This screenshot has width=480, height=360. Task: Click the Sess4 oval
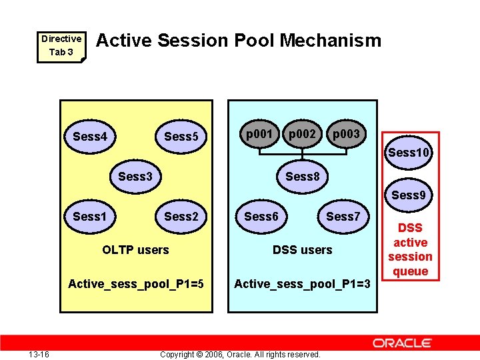point(90,137)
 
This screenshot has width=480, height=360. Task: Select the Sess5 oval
point(181,137)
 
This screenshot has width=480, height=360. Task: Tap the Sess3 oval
point(135,177)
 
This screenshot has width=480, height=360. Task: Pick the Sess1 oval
point(90,217)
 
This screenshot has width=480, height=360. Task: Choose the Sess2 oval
point(181,217)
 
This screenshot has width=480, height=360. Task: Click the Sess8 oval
point(303,177)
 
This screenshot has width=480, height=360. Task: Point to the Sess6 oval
point(261,217)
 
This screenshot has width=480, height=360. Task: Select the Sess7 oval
point(343,217)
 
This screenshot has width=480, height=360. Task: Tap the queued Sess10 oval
point(409,153)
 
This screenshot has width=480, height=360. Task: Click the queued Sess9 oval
point(409,195)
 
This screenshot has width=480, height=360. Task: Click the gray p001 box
point(259,135)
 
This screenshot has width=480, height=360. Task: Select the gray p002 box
point(302,135)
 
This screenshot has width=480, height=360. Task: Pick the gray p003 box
point(346,135)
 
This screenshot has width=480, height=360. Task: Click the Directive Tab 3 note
point(61,45)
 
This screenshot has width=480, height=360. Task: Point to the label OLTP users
point(135,250)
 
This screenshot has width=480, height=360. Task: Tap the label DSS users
point(303,250)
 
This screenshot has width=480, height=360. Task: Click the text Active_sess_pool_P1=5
point(136,285)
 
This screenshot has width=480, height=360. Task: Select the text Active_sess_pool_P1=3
point(302,285)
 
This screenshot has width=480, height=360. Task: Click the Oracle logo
point(402,343)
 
